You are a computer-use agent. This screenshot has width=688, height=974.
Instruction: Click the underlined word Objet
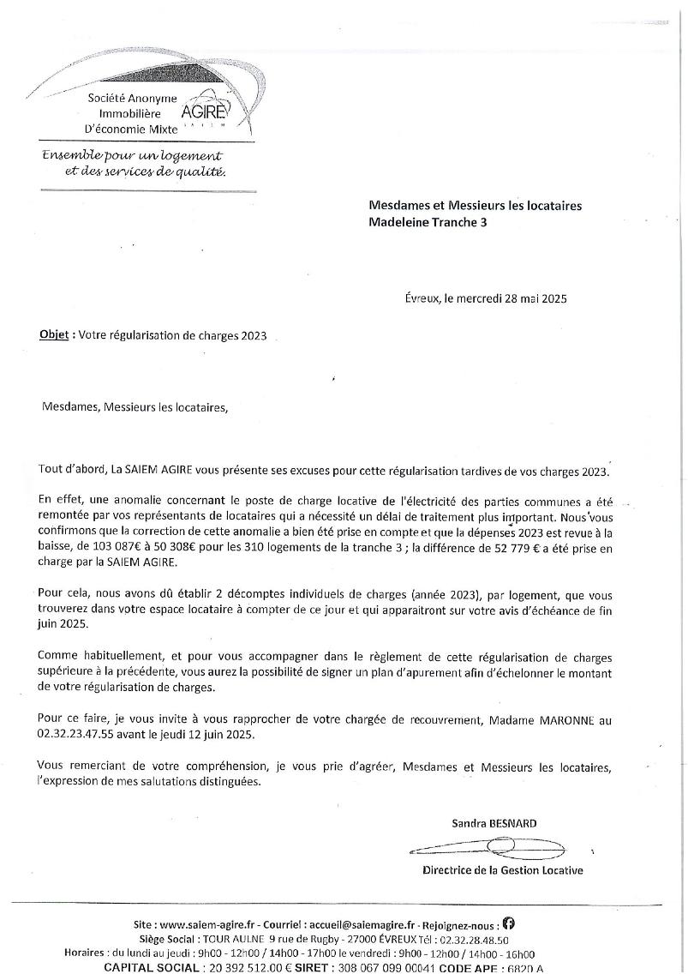pyautogui.click(x=55, y=335)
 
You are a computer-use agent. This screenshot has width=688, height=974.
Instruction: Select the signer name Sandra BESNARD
pyautogui.click(x=494, y=823)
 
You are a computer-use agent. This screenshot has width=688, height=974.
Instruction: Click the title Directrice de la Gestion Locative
pyautogui.click(x=502, y=870)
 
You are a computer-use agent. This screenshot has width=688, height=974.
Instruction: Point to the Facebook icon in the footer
pyautogui.click(x=508, y=923)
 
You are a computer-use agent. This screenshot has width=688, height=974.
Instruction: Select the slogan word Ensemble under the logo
pyautogui.click(x=72, y=156)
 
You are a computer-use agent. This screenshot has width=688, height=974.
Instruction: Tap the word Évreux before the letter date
pyautogui.click(x=422, y=298)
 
